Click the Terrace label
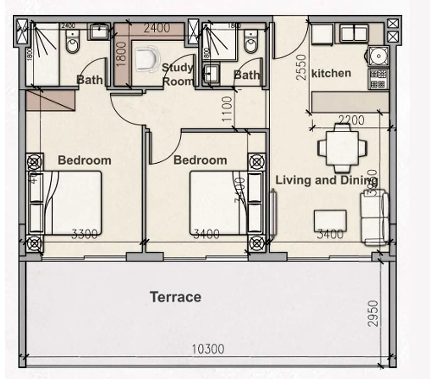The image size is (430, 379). click(176, 297)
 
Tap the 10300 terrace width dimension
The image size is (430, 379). click(207, 349)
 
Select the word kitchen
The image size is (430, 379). click(331, 73)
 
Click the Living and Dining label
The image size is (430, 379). click(326, 180)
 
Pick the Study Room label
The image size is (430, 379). click(178, 74)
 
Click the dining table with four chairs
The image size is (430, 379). click(342, 148)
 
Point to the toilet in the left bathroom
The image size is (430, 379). click(73, 45)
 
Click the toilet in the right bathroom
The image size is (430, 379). click(251, 44)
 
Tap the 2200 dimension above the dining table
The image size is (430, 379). click(351, 120)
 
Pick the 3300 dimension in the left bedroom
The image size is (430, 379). click(84, 234)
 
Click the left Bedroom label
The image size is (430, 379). click(84, 161)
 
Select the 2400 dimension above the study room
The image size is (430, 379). click(157, 28)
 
